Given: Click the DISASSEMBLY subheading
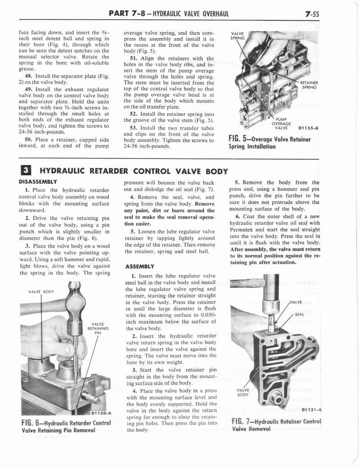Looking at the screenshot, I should pyautogui.click(x=37, y=181).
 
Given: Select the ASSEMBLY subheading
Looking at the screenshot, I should pyautogui.click(x=140, y=266).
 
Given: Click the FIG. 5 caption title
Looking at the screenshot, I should pyautogui.click(x=270, y=142).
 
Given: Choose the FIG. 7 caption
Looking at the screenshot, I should pyautogui.click(x=276, y=425).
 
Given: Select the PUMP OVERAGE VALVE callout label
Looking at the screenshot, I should pyautogui.click(x=279, y=123).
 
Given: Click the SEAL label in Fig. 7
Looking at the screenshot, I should pyautogui.click(x=300, y=315).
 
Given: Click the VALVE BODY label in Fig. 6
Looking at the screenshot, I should pyautogui.click(x=42, y=291).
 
